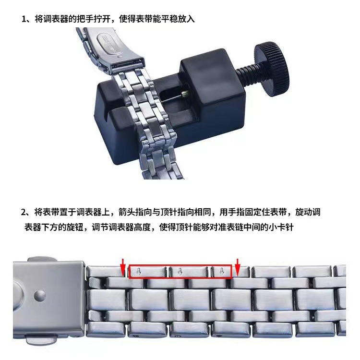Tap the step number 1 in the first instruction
click(24, 20)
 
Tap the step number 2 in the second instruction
click(24, 212)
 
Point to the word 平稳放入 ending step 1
click(179, 20)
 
